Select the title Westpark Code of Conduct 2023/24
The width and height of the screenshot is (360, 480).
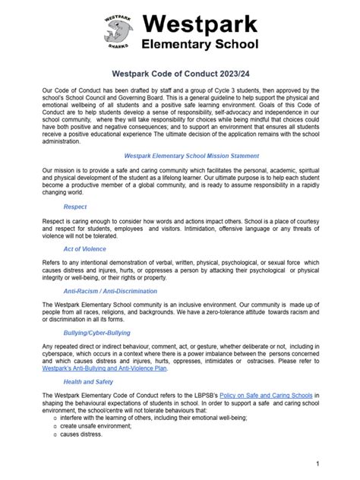pos(179,74)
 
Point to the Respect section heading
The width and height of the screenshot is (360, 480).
pos(74,207)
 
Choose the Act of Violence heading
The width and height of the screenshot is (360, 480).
pos(86,248)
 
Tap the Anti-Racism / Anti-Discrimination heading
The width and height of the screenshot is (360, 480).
pos(110,291)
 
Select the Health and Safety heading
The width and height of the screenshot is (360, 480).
pos(89,382)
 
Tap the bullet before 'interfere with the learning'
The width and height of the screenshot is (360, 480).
pos(54,417)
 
